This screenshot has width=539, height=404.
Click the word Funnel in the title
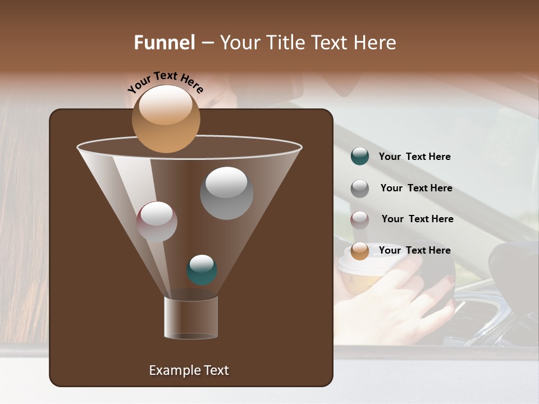click(x=164, y=43)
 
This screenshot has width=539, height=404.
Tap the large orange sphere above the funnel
click(x=166, y=118)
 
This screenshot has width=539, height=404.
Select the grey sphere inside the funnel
click(x=226, y=193)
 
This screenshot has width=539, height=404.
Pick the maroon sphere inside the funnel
click(x=157, y=222)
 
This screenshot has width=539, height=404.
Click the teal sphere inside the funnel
click(x=202, y=270)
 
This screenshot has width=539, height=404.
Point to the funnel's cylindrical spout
click(x=191, y=318)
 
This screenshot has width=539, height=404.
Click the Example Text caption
click(x=189, y=370)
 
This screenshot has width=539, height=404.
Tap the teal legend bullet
click(x=360, y=157)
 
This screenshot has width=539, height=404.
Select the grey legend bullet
click(x=360, y=189)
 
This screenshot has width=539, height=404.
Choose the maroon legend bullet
click(x=360, y=219)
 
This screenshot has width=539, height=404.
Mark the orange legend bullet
click(x=360, y=251)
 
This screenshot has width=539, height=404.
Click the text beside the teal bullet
click(x=414, y=157)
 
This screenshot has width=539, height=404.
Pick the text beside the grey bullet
click(x=416, y=188)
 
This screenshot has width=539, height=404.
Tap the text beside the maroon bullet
click(x=417, y=219)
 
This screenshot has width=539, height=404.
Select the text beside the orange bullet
click(x=414, y=250)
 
